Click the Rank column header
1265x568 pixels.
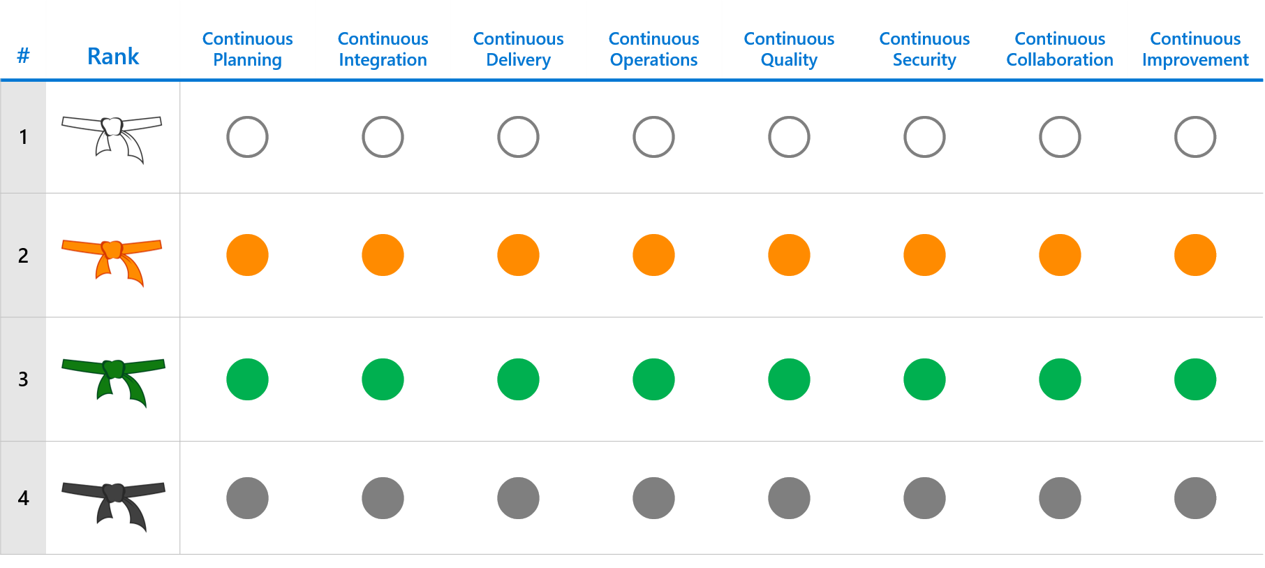point(113,56)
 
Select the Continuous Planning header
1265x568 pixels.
point(247,49)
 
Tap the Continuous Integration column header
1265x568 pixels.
point(383,49)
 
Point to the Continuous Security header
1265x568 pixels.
point(924,49)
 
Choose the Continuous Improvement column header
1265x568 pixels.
point(1195,49)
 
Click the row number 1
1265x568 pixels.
point(23,137)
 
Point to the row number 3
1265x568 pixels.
point(23,379)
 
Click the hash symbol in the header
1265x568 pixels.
point(23,56)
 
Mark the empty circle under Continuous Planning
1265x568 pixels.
point(247,137)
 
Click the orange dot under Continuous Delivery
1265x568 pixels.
point(518,255)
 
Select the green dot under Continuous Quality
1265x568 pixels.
point(789,379)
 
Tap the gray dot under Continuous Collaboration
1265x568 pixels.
point(1060,498)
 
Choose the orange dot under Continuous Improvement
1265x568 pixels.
point(1195,255)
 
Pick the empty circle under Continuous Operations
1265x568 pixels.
point(653,137)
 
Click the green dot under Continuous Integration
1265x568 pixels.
point(383,379)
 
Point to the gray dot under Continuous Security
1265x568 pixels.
point(924,498)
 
